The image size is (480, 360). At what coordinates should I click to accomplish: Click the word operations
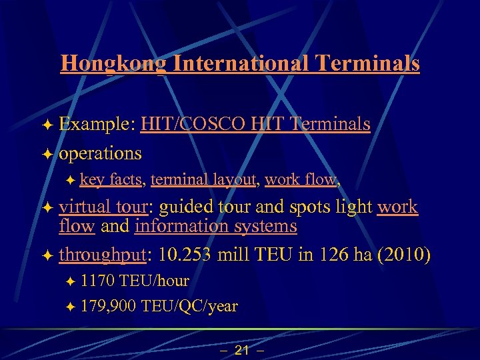100,153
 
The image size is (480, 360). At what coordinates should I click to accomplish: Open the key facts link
113,179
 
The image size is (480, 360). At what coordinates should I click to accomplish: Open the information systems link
215,226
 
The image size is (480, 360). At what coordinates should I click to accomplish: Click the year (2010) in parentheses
404,254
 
